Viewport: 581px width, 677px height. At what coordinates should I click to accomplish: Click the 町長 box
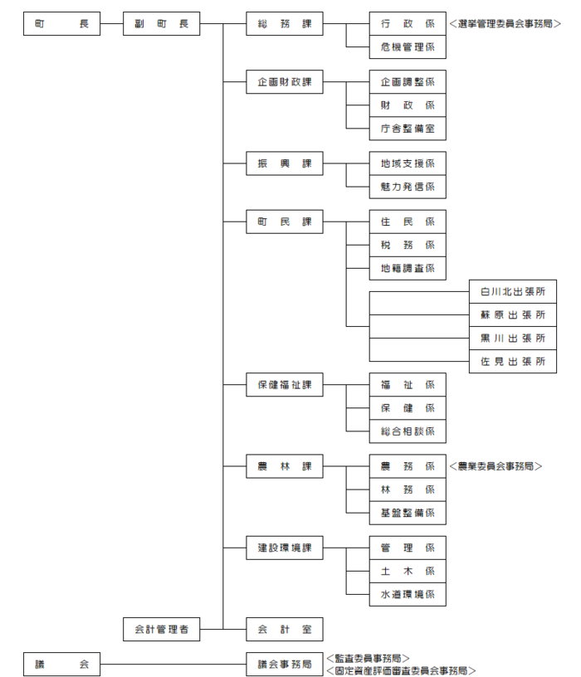click(61, 25)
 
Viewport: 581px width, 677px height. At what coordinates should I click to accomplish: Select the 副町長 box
click(161, 25)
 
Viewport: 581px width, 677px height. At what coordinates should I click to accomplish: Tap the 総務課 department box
click(285, 25)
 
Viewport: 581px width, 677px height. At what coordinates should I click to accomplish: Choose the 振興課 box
click(285, 163)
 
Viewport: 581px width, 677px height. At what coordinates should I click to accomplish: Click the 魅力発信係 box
click(407, 188)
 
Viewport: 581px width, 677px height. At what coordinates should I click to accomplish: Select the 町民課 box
click(285, 222)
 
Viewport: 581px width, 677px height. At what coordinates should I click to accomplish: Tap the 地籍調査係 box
click(407, 269)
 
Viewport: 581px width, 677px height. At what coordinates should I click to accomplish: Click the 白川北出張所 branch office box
click(512, 293)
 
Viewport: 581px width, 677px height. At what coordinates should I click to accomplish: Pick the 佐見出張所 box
click(512, 363)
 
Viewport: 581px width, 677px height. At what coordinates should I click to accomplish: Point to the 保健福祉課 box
click(285, 385)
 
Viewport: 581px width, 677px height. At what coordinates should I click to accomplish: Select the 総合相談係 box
click(407, 432)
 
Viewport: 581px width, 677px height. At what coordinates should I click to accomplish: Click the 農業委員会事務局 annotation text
click(495, 467)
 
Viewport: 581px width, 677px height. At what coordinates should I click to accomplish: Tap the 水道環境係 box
click(407, 595)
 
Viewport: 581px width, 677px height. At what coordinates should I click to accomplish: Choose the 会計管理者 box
click(161, 629)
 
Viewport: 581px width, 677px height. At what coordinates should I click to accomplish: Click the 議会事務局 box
click(285, 664)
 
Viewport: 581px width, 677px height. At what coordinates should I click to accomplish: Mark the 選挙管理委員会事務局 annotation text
click(505, 25)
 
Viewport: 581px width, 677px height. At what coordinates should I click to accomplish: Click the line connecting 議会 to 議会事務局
click(173, 664)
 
